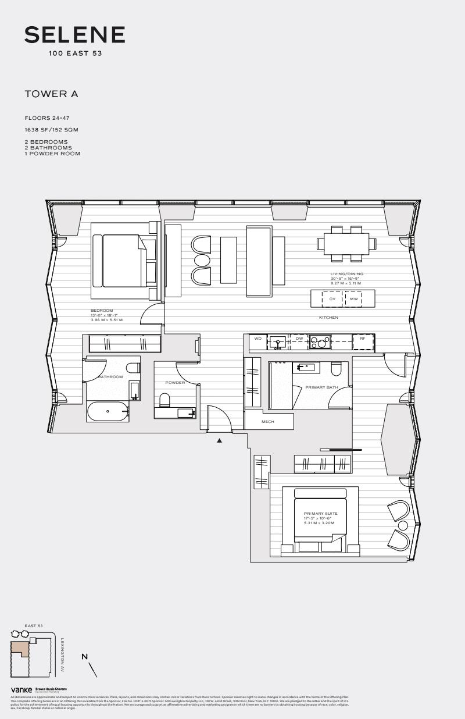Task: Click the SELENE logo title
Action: [74, 35]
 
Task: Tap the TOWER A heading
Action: [51, 94]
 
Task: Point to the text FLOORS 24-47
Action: [47, 118]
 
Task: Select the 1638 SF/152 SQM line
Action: [51, 130]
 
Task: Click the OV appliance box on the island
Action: [333, 299]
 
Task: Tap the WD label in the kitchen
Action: [257, 338]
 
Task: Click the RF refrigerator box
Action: [363, 338]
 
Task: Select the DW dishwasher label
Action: [299, 338]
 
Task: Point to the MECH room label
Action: [268, 422]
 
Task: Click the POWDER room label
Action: [175, 383]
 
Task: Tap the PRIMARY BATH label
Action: [321, 387]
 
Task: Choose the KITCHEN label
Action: [328, 318]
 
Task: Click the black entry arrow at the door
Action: [220, 441]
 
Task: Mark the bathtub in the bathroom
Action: [108, 411]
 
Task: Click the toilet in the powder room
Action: [164, 400]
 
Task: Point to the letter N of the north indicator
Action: [85, 657]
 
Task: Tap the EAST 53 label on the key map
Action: [34, 626]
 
